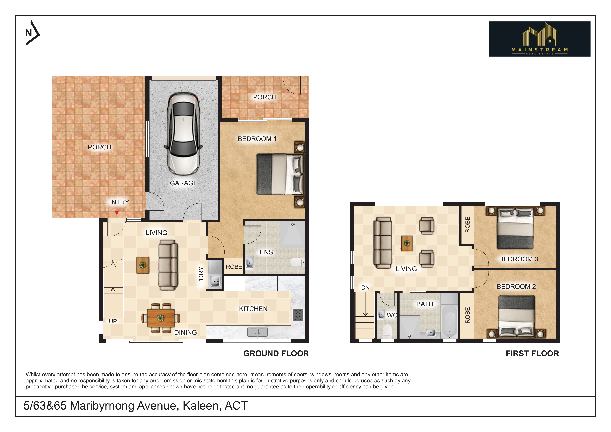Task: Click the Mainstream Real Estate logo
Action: [x=539, y=39]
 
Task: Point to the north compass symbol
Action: [x=32, y=33]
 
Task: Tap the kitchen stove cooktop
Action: [x=298, y=315]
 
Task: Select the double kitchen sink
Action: [x=257, y=332]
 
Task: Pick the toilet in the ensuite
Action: [x=297, y=262]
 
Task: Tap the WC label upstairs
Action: [x=392, y=315]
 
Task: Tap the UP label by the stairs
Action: [x=113, y=321]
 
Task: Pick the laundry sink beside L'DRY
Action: [x=215, y=281]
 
